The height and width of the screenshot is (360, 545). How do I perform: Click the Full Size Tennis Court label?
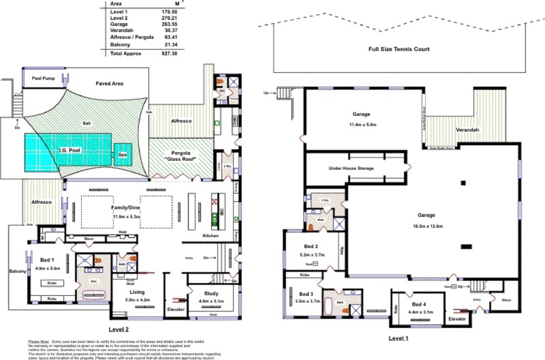[x=399, y=49]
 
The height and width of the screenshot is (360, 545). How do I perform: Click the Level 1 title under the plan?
[x=399, y=337]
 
